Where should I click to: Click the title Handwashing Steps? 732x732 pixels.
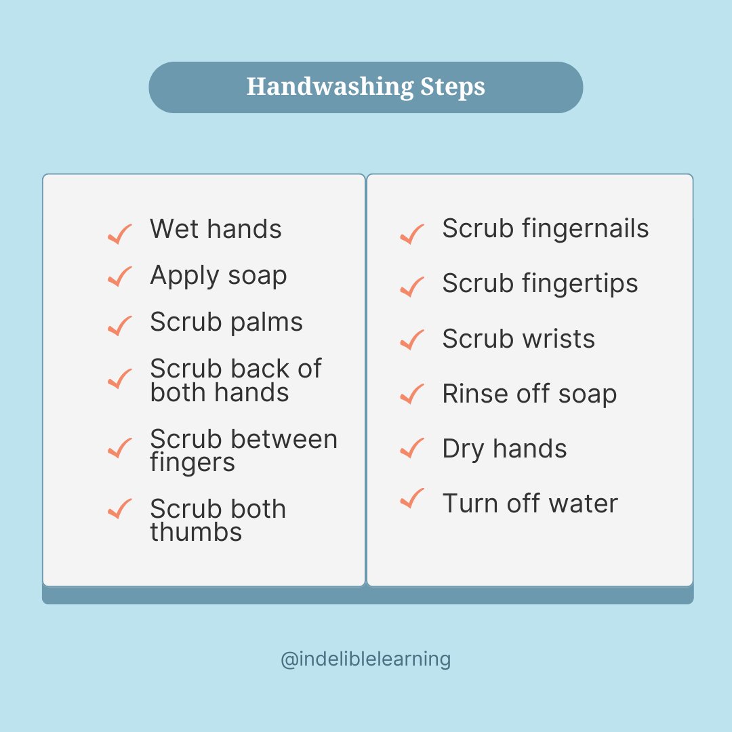[x=365, y=87]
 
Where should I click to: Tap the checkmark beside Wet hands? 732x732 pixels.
[x=119, y=234]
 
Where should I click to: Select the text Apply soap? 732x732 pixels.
[x=218, y=276]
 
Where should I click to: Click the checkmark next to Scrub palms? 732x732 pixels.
[x=119, y=326]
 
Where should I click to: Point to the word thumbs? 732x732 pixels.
[x=196, y=532]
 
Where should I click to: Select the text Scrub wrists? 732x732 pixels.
[x=518, y=339]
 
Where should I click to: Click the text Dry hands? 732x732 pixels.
[x=504, y=449]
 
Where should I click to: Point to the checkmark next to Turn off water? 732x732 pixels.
[x=412, y=499]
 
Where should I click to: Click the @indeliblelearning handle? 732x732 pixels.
[x=365, y=659]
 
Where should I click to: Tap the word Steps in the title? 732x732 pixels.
[x=452, y=87]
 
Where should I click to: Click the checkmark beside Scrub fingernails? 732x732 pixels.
[x=412, y=234]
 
